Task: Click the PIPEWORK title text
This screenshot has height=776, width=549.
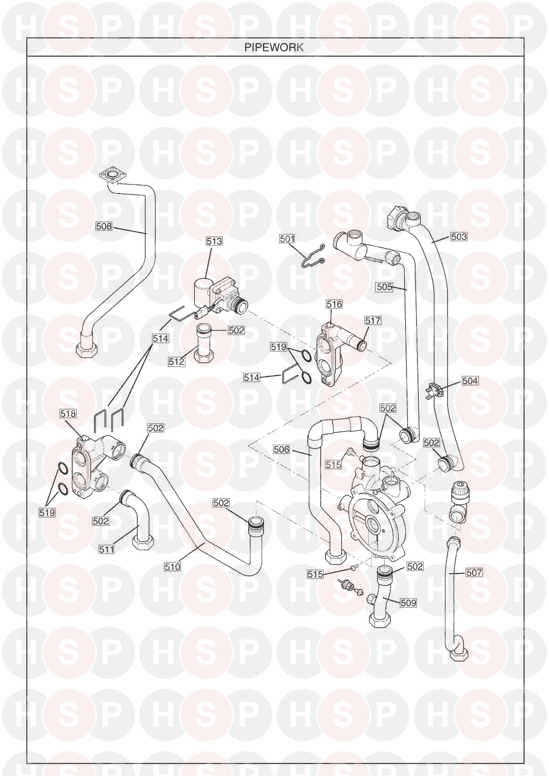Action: coord(274,47)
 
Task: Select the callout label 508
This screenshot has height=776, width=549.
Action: coord(104,226)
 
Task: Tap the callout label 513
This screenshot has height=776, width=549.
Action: coord(214,241)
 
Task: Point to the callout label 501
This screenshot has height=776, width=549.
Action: coord(287,239)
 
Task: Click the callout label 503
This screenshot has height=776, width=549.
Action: coord(459,237)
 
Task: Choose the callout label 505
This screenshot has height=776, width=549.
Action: coord(385,287)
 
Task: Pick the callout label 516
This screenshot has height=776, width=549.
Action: coord(334,304)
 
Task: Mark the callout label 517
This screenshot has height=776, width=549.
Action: coord(373,321)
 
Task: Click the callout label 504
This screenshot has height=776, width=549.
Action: coord(470,381)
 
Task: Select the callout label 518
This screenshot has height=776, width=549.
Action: coord(68,414)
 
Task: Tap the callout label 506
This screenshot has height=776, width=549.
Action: coord(281,449)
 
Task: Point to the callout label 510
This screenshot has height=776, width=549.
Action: coord(173,567)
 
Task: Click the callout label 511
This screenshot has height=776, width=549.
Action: coord(107,549)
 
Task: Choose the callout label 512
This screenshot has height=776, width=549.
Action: coord(177,362)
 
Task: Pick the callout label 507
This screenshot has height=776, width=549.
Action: coord(474,572)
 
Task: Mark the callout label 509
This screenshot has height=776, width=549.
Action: coord(408,603)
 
